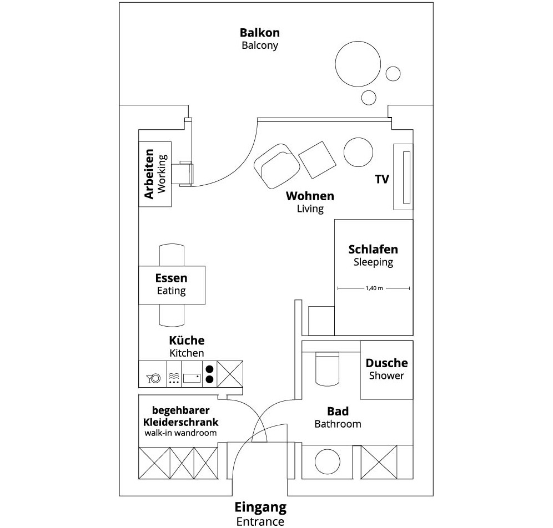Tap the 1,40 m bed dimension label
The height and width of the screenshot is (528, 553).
coord(374,288)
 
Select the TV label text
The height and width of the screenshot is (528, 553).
coord(382,179)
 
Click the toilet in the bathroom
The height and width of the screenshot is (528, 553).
coord(327,368)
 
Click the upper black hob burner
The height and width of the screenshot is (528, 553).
coord(209,369)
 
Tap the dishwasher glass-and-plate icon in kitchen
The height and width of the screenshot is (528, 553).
coord(154,378)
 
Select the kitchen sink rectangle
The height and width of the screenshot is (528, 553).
coord(192,378)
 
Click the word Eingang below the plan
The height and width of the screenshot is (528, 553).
coord(260,507)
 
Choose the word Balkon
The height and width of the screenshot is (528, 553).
coord(260,33)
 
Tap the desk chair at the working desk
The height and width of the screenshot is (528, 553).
coord(186,174)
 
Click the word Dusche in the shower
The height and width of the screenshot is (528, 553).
coord(386,363)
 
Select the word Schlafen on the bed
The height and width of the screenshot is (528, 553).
coord(373,250)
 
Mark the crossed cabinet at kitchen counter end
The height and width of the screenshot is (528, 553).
coord(230,374)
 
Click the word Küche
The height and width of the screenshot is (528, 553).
coord(187,340)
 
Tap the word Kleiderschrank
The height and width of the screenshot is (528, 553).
coord(180,422)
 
